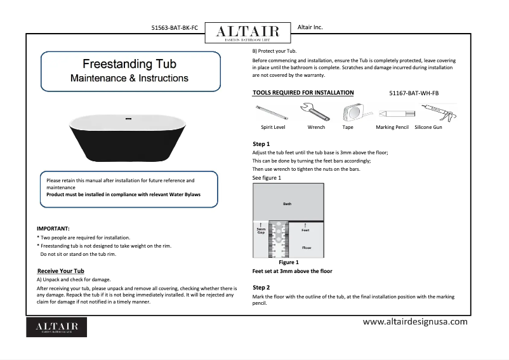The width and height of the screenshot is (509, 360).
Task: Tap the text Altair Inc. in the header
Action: click(310, 27)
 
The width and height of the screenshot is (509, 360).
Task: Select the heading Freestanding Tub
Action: click(129, 64)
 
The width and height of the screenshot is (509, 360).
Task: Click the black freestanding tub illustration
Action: click(129, 137)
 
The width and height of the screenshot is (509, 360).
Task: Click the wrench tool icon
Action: click(315, 112)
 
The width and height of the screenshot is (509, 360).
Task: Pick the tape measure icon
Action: click(349, 113)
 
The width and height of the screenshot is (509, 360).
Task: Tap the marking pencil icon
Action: click(392, 113)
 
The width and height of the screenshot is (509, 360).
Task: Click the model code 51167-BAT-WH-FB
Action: click(413, 93)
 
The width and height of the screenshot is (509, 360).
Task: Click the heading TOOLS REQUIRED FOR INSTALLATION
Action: click(303, 93)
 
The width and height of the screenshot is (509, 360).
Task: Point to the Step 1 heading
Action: click(261, 144)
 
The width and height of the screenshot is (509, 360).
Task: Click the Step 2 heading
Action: click(261, 288)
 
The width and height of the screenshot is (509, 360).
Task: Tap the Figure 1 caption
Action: click(289, 262)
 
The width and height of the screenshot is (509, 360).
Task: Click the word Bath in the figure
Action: click(288, 204)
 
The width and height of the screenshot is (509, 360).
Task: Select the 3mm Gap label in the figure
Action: click(260, 230)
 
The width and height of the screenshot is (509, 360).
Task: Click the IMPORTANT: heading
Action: click(53, 228)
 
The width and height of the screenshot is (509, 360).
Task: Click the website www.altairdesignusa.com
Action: click(414, 322)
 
